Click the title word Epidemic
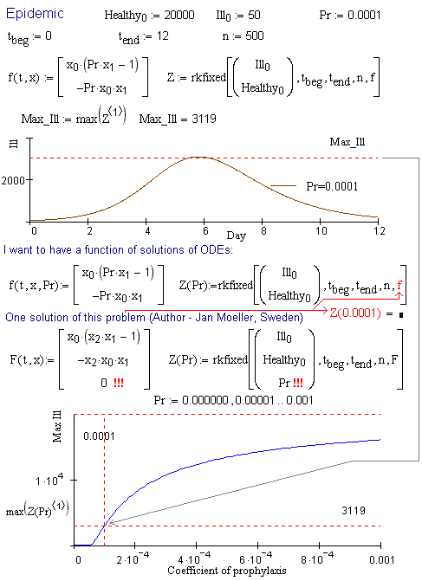35,15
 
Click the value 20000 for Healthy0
179,16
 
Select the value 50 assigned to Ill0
254,16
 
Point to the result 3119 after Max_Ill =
204,119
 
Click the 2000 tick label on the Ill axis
13,181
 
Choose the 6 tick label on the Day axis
205,231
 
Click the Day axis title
237,236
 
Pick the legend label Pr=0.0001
332,186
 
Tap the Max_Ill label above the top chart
347,142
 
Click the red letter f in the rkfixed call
399,286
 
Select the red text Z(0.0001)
355,313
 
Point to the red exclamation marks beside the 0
119,383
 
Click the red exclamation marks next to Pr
298,383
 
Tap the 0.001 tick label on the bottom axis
381,559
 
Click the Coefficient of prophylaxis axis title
227,571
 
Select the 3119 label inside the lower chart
354,511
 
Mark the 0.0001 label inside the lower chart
99,436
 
